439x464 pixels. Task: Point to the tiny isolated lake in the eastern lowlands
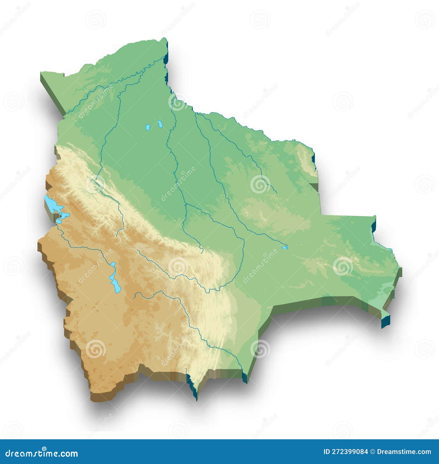tap(285, 248)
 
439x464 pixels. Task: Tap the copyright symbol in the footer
tap(372, 452)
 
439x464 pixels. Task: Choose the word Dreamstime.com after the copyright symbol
tap(404, 452)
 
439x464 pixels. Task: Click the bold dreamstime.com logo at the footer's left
tap(42, 453)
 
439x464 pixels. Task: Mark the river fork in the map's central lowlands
tap(186, 204)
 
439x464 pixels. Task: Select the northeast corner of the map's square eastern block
tap(375, 216)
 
